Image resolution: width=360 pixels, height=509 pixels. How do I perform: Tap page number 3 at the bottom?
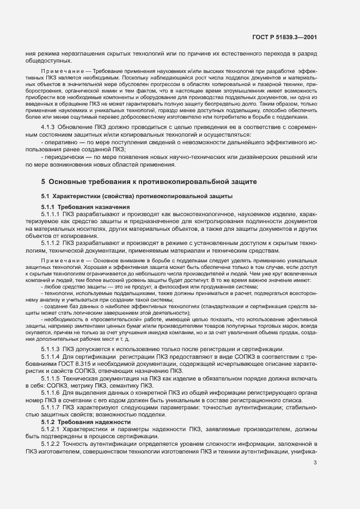[316, 463]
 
